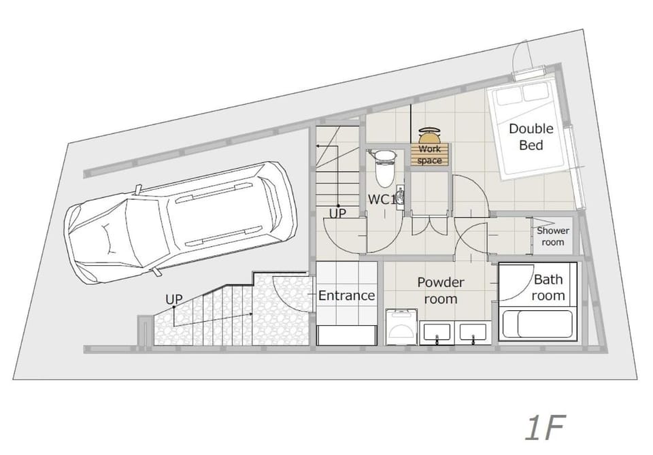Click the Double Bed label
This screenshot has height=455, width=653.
[531, 137]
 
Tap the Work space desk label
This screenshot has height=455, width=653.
[429, 154]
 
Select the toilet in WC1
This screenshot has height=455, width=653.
[385, 167]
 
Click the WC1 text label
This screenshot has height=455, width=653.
[382, 199]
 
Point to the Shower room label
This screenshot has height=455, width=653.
[552, 236]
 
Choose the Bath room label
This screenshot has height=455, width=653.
[548, 287]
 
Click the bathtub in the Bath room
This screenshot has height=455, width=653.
[537, 324]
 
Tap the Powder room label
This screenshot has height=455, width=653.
[441, 290]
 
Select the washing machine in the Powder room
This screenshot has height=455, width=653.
[401, 326]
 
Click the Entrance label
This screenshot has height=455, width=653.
[346, 295]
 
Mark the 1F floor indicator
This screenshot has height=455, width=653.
[544, 428]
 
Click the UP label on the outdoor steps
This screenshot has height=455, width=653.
[174, 299]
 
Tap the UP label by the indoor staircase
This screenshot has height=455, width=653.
[337, 214]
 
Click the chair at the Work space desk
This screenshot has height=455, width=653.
[429, 135]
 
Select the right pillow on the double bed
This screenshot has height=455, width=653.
[535, 92]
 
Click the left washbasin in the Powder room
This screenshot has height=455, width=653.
[437, 332]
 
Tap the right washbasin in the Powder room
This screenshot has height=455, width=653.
[473, 332]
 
